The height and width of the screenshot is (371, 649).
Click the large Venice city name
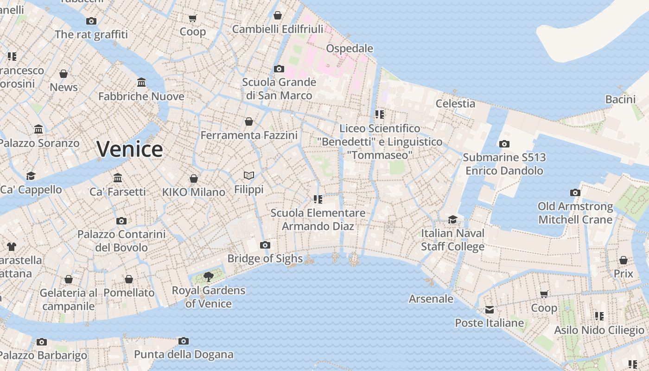click(130, 149)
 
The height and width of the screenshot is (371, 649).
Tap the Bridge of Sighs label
click(265, 259)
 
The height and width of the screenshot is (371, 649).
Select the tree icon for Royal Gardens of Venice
click(209, 277)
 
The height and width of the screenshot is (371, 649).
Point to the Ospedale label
click(350, 49)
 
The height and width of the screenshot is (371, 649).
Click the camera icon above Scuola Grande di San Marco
click(279, 69)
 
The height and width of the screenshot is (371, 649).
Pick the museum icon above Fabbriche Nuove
click(141, 83)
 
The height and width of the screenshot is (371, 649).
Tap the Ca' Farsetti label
click(117, 192)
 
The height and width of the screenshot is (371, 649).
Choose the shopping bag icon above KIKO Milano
click(194, 179)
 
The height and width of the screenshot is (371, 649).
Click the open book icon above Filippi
click(249, 176)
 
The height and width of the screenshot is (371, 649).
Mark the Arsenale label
click(431, 299)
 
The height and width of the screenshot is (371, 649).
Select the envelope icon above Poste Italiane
click(490, 310)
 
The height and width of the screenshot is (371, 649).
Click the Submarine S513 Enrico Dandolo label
click(504, 164)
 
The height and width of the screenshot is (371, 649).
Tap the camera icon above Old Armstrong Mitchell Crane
click(575, 192)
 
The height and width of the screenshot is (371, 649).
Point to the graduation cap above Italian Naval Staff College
click(452, 219)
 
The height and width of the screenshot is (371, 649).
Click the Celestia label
click(455, 103)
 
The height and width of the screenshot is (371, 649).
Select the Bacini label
click(620, 99)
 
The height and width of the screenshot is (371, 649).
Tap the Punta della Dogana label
click(184, 355)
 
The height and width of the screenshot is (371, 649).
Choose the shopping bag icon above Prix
click(624, 260)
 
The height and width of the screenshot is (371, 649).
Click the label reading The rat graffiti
click(91, 34)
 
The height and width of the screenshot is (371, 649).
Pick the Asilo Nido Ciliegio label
click(599, 330)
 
